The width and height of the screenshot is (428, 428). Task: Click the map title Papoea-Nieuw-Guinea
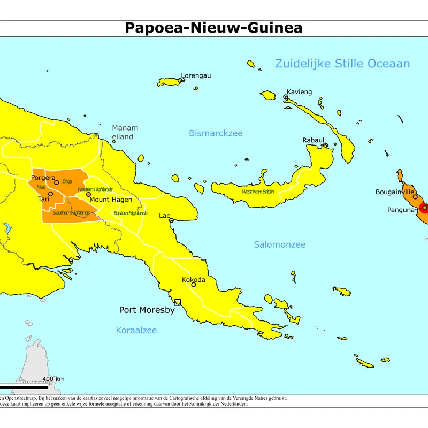[213, 28]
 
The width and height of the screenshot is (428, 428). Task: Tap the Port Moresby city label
[147, 310]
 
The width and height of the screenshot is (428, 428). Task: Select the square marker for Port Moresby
[178, 302]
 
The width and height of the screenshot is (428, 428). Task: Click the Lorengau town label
[196, 75]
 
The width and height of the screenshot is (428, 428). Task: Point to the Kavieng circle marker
[286, 97]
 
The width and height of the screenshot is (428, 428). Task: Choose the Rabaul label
[314, 140]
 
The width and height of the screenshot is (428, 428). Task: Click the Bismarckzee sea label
[216, 133]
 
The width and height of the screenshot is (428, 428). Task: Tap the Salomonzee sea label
[279, 244]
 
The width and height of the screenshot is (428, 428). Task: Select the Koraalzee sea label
[136, 331]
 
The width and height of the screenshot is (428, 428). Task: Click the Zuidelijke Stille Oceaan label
[342, 64]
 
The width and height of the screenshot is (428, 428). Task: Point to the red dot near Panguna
[424, 208]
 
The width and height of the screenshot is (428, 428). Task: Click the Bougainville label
[395, 192]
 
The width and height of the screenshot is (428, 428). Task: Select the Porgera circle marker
[56, 182]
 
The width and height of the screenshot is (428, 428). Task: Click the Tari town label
[44, 199]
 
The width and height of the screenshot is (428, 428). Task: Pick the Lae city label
[164, 216]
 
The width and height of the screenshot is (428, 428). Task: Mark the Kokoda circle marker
[194, 285]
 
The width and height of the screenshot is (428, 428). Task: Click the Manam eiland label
[125, 132]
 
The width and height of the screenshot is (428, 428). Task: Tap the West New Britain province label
[258, 192]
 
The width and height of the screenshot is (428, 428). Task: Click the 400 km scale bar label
[53, 379]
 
